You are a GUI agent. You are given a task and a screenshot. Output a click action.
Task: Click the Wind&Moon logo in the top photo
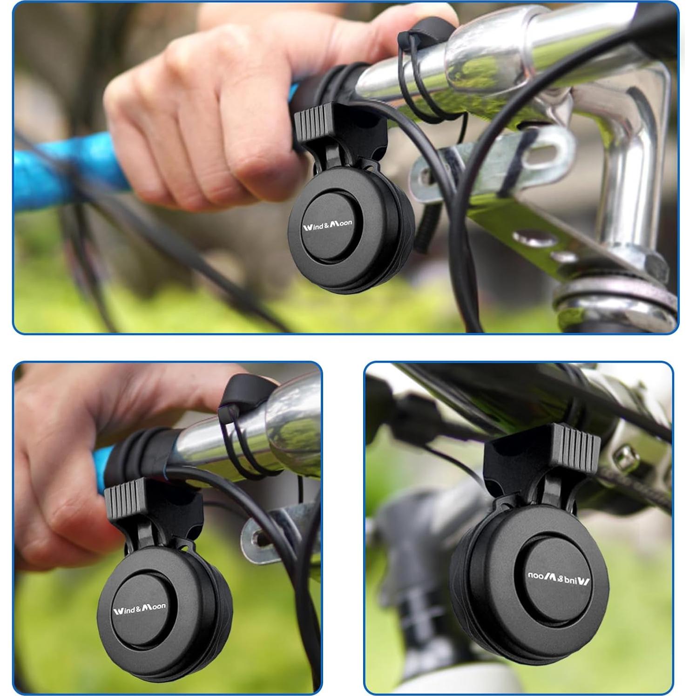tap(328, 225)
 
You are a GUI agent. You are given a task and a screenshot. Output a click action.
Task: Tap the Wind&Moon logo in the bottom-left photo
tap(139, 608)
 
